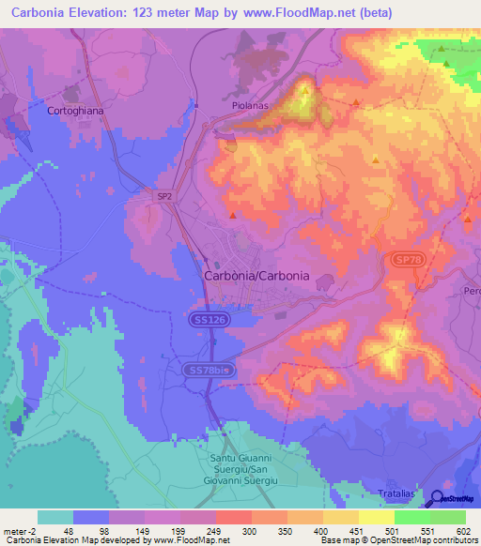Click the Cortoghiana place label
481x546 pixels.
72,110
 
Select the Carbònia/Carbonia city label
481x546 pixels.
256,278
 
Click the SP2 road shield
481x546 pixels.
164,195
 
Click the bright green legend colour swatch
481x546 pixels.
411,517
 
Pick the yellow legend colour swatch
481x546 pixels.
376,517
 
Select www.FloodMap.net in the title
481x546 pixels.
307,12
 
